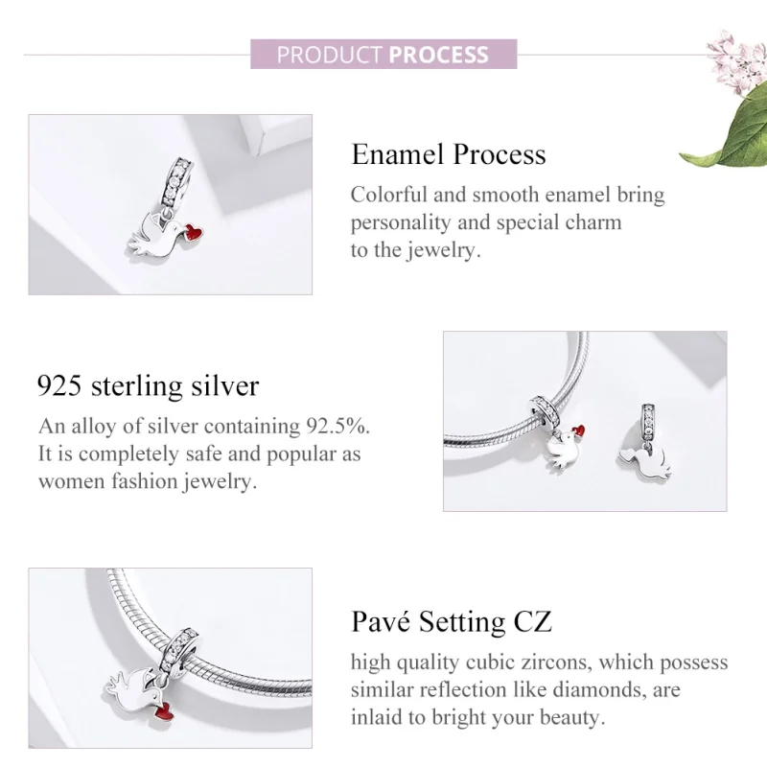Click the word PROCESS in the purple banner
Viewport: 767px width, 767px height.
point(438,54)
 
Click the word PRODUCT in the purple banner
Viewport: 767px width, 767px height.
point(329,54)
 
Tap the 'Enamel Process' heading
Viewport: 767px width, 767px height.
point(448,154)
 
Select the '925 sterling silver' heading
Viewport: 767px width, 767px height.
point(148,385)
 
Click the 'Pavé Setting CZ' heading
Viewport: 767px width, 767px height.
point(451,621)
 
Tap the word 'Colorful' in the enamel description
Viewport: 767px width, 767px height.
point(389,195)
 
